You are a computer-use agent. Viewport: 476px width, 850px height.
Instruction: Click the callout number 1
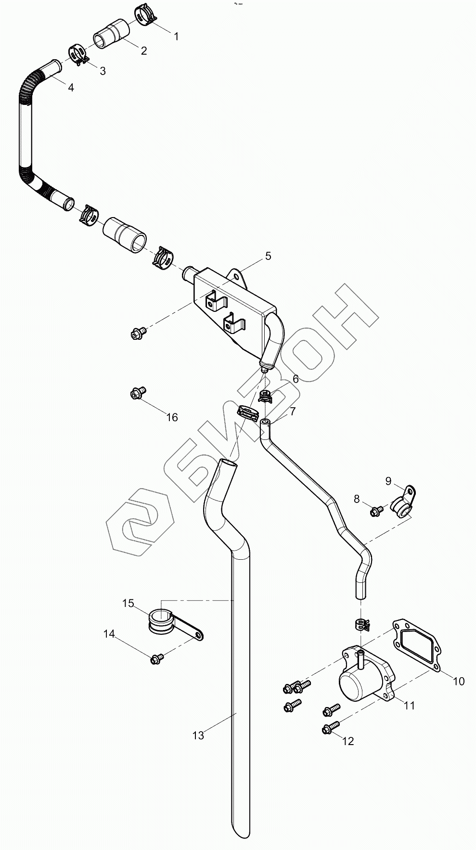click(x=176, y=37)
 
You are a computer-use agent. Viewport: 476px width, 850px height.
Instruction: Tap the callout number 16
click(x=172, y=417)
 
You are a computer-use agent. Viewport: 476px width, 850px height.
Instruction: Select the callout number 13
click(x=198, y=735)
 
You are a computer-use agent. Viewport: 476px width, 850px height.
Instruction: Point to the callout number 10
click(x=459, y=681)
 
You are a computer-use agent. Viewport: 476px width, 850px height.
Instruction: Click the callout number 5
click(x=268, y=256)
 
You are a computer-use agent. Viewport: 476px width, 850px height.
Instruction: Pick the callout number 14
click(x=109, y=634)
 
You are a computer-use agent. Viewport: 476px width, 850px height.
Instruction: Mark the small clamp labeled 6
click(x=265, y=397)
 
